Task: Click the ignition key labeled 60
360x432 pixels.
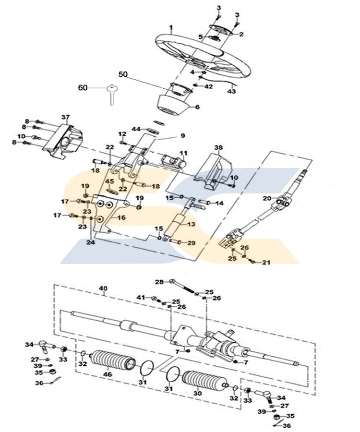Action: [111, 94]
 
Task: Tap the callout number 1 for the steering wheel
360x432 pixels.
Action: [171, 27]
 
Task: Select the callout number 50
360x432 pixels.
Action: [123, 74]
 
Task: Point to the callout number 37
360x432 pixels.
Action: [66, 118]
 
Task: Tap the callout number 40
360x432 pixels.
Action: [103, 288]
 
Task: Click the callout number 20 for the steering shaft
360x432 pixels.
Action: [267, 198]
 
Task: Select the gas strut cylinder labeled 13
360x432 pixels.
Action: [176, 223]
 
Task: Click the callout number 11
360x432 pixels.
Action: [183, 153]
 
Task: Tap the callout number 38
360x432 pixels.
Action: [218, 148]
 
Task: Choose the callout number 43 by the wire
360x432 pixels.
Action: [232, 91]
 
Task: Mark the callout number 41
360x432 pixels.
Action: [141, 298]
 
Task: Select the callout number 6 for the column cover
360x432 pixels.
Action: [197, 107]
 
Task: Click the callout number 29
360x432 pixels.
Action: [191, 243]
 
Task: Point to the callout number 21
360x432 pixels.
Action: [266, 262]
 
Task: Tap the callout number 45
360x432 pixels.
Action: [109, 181]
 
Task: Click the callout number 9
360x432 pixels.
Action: [183, 135]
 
